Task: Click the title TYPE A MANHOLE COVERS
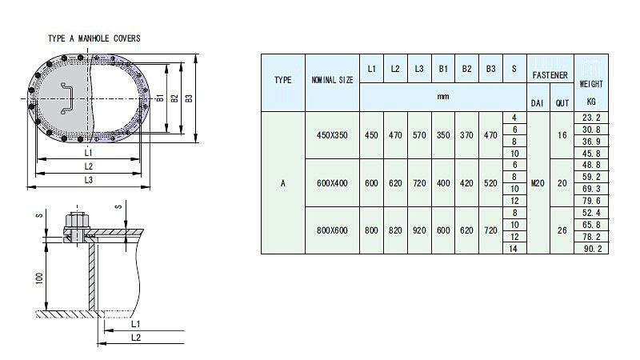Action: point(94,38)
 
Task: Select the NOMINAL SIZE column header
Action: point(333,81)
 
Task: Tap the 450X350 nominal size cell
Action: point(333,135)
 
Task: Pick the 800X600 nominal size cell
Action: point(333,230)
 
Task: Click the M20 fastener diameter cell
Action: point(537,182)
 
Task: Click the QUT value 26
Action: point(562,230)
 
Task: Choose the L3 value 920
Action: point(419,230)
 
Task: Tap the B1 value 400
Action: point(442,182)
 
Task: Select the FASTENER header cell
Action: point(549,75)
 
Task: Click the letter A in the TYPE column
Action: point(283,182)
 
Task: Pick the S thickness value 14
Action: point(514,249)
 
